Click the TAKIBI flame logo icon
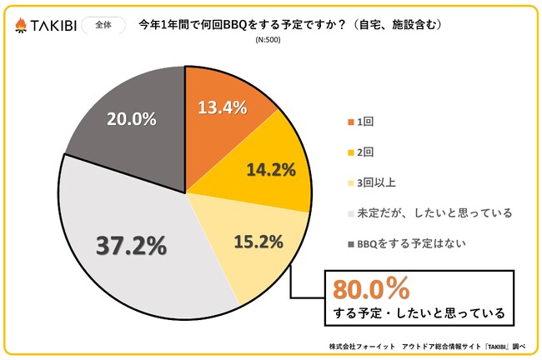pyautogui.click(x=20, y=26)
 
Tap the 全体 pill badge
pyautogui.click(x=101, y=25)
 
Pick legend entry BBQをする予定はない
pyautogui.click(x=403, y=244)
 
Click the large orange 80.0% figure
pyautogui.click(x=371, y=288)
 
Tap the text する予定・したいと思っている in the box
pyautogui.click(x=414, y=314)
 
